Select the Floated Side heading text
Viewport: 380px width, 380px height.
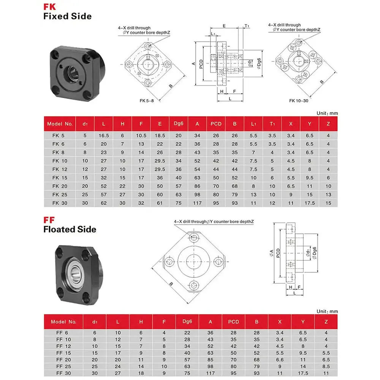point(70,229)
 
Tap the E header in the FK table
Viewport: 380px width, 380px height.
point(160,124)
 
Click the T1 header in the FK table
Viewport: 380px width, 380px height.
point(272,124)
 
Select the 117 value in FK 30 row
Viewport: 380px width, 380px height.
point(197,203)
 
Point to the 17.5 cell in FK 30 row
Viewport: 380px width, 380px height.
point(309,203)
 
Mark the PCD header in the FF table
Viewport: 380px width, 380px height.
point(233,322)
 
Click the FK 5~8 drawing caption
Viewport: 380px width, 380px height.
point(147,101)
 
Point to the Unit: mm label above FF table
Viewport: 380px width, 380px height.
point(327,311)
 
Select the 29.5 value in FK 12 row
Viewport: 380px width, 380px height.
point(160,169)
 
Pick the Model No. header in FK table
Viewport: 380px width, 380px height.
point(60,124)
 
